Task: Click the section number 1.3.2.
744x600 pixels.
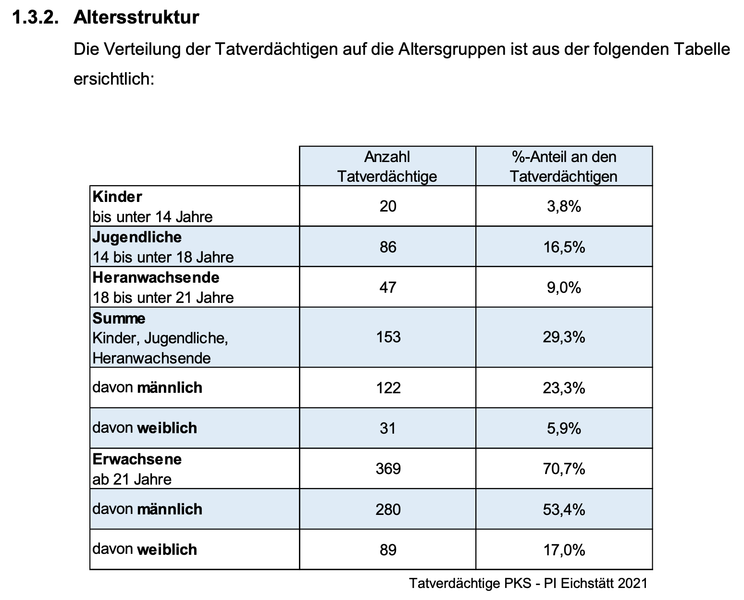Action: [x=35, y=17]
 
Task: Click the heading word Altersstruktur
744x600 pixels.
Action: [x=136, y=17]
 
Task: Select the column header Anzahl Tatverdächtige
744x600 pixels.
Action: [x=387, y=166]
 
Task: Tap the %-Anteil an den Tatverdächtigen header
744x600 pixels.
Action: [x=564, y=166]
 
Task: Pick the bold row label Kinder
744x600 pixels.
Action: [x=117, y=197]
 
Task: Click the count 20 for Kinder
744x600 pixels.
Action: [x=388, y=206]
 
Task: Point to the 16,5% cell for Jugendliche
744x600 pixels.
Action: [x=564, y=247]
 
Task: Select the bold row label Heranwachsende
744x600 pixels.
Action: [x=156, y=277]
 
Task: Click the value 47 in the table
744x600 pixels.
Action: [x=388, y=287]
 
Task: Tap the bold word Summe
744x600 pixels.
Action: [x=119, y=318]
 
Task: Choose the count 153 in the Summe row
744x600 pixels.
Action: [x=388, y=337]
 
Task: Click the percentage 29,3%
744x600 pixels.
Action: [x=564, y=337]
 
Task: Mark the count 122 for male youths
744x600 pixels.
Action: [x=388, y=387]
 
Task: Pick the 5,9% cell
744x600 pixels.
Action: [x=564, y=428]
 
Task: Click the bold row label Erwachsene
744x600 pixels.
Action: [x=137, y=459]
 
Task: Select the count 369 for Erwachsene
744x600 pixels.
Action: [x=388, y=469]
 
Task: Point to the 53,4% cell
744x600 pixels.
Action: [x=564, y=510]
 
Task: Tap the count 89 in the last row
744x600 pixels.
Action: [x=388, y=550]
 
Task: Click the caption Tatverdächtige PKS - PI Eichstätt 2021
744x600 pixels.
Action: [x=528, y=583]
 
